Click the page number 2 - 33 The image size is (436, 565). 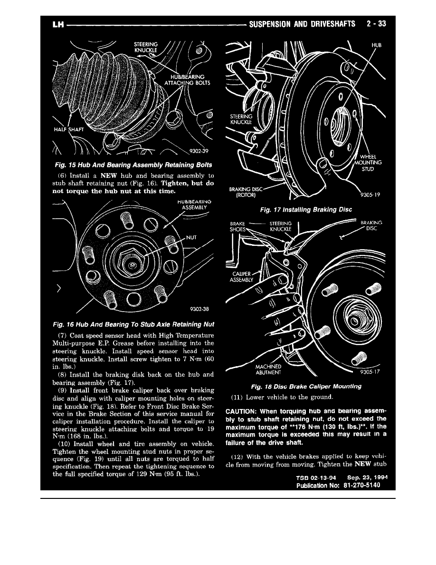pos(376,24)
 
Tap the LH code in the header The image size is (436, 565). pos(58,24)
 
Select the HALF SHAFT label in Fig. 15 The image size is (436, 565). pos(68,129)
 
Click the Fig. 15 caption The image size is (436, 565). pos(133,165)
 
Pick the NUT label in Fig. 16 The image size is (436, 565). pos(191,237)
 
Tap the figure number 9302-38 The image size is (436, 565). pos(199,309)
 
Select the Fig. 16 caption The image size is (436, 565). pos(133,324)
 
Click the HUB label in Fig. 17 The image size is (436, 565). pos(376,45)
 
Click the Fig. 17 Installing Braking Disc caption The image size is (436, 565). pos(306,209)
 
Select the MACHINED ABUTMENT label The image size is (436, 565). pos(268,370)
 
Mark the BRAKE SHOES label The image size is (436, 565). pos(238,226)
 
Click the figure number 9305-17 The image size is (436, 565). pos(370,371)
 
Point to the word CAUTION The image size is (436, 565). pos(241,411)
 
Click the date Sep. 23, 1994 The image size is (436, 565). pos(367,477)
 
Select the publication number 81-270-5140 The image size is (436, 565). pos(361,485)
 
